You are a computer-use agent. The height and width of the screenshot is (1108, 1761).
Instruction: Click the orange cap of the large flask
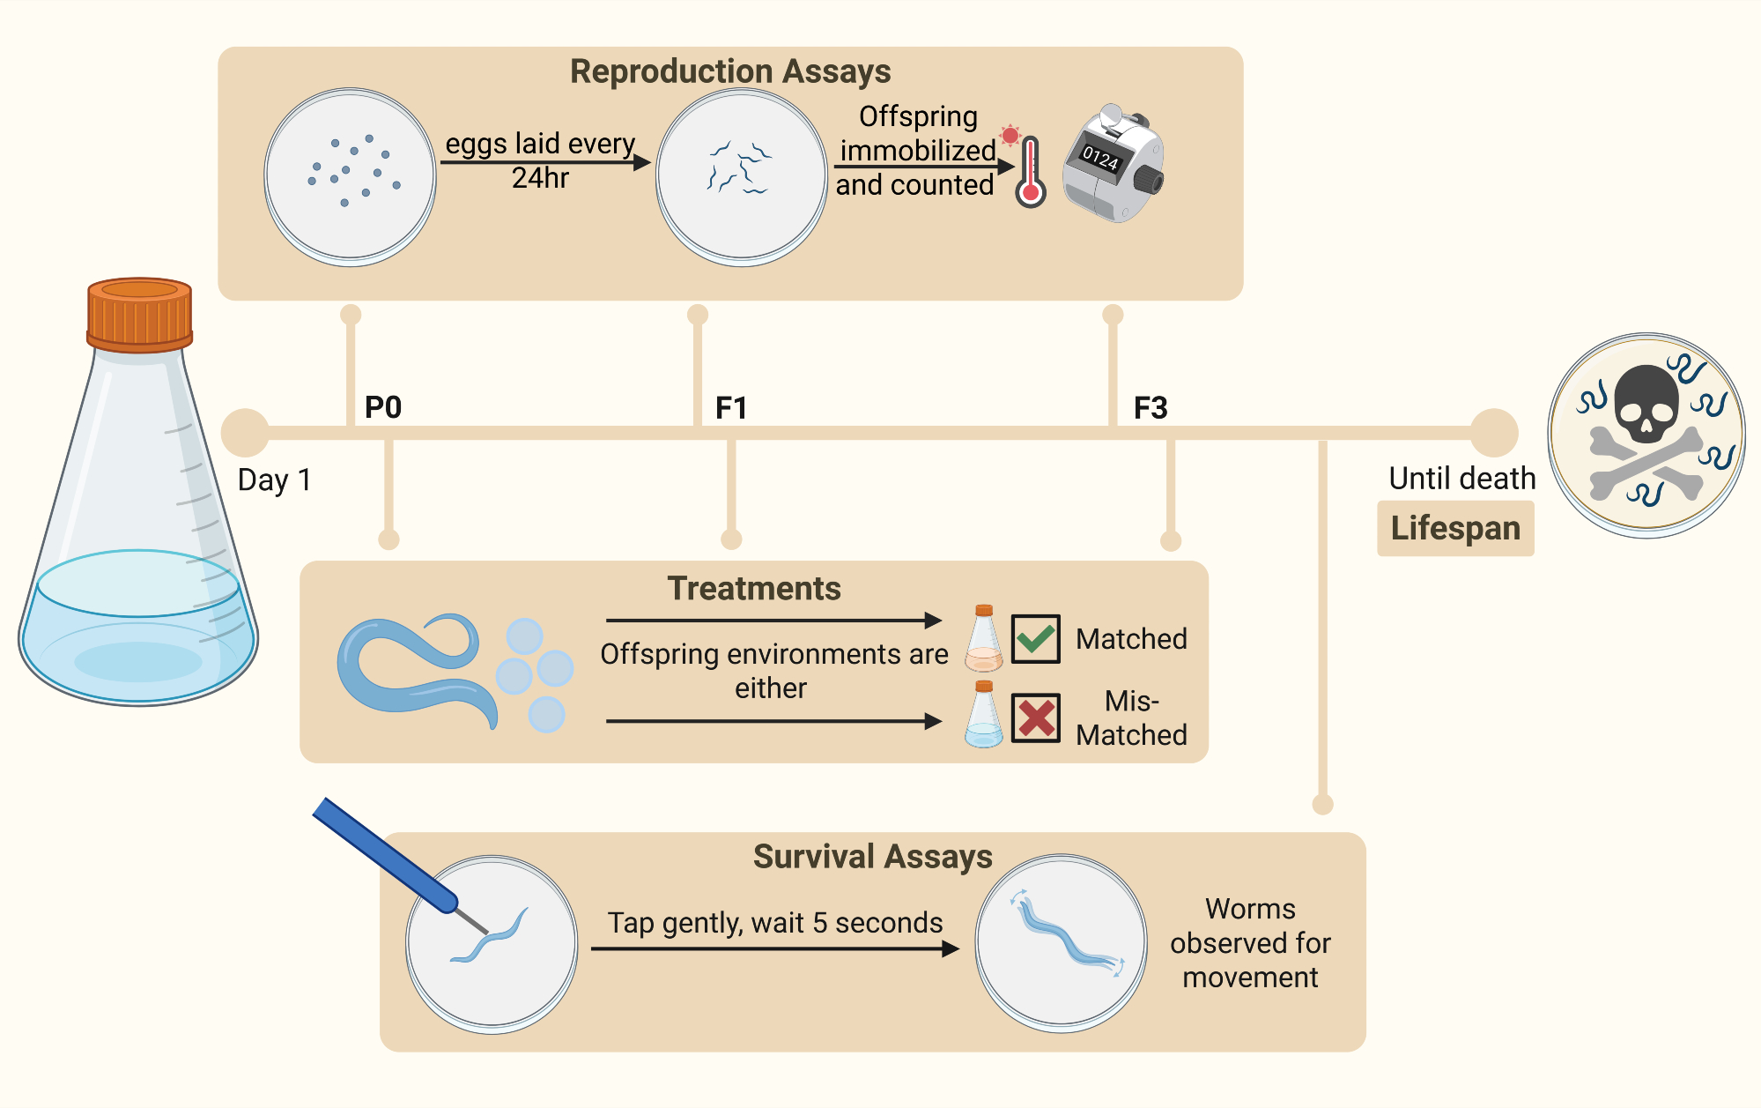pos(139,315)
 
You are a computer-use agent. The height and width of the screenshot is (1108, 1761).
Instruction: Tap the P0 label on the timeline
pos(383,407)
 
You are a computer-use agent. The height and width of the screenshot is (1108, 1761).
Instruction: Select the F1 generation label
pos(731,407)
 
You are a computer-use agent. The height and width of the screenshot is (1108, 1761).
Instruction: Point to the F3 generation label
pos(1151,407)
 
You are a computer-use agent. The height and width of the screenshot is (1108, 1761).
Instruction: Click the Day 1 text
pos(274,480)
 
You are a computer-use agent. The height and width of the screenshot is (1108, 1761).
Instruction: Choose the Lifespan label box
pos(1455,528)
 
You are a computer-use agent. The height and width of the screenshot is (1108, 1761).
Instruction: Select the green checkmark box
pos(1035,638)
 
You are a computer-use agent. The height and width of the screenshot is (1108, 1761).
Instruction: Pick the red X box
pos(1035,718)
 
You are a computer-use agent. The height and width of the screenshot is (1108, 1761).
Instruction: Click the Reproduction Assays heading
pos(730,71)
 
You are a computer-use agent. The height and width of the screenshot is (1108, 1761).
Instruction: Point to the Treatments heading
pos(754,588)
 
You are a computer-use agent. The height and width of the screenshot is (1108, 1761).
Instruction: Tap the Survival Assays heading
pos(872,857)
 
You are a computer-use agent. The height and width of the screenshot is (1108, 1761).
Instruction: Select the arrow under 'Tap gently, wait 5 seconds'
pos(775,948)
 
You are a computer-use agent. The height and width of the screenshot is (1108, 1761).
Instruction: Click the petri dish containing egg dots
pos(351,177)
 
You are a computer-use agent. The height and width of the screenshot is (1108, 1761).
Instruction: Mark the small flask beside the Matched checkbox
pos(984,638)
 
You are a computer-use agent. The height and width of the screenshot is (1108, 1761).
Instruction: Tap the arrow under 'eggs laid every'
pos(545,162)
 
